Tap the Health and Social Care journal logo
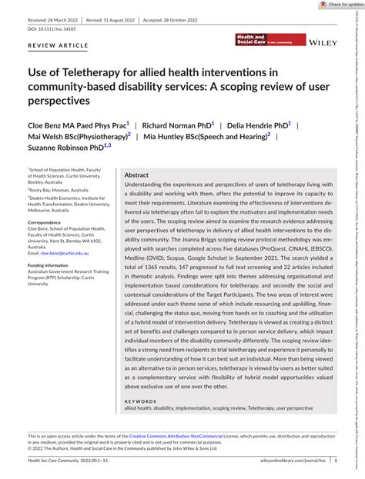tap(254, 41)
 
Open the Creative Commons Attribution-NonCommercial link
tap(193, 436)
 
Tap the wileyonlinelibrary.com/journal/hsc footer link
tap(300, 461)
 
